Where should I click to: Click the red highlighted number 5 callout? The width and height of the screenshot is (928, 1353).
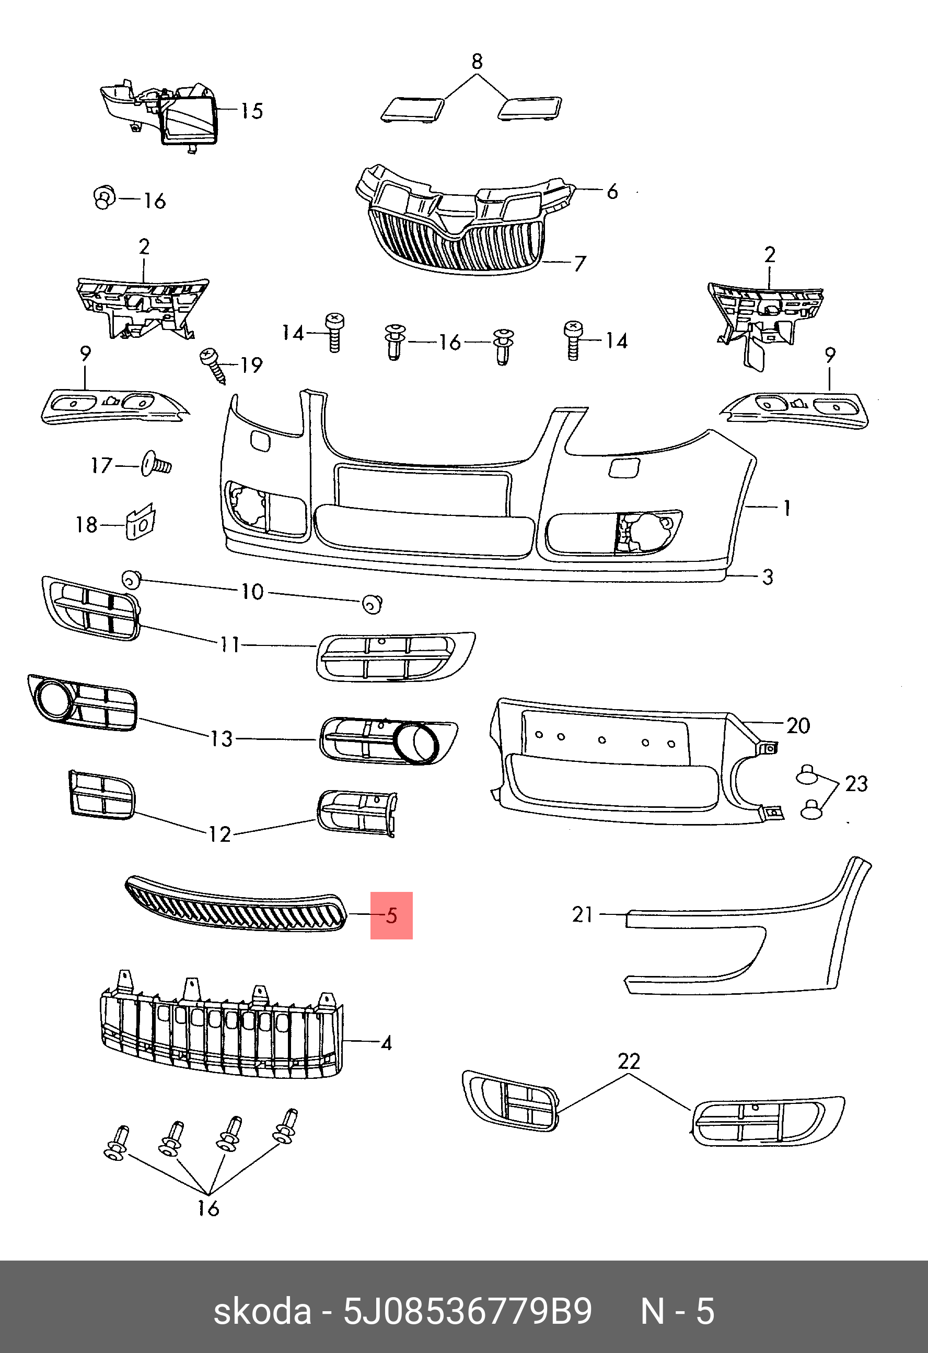(391, 915)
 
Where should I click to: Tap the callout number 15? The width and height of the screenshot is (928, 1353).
(252, 111)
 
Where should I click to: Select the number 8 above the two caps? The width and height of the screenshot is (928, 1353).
(477, 61)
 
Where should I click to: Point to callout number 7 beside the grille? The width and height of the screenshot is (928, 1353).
(579, 264)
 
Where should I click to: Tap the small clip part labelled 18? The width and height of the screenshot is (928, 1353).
(141, 522)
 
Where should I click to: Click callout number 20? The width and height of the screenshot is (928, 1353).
(797, 725)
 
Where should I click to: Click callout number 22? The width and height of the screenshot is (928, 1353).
(629, 1061)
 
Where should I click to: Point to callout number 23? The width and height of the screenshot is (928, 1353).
(856, 784)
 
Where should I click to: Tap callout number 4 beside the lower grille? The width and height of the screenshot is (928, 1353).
(386, 1043)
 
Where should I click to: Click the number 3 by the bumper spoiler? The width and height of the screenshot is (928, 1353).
(768, 577)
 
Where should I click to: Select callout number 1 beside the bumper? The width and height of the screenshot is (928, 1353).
(787, 508)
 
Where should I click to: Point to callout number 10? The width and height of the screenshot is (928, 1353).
(252, 592)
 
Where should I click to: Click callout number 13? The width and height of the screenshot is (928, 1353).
(222, 739)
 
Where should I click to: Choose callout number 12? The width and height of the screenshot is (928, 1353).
(219, 834)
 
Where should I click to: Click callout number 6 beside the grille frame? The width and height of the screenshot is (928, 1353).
(612, 192)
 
